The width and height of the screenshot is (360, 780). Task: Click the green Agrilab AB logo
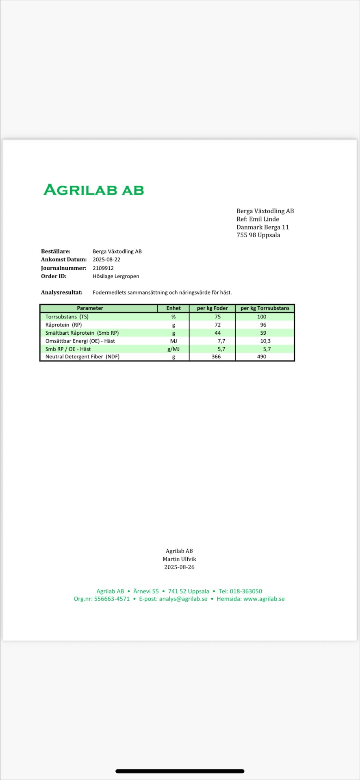click(94, 190)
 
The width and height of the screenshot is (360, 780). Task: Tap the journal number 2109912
click(103, 268)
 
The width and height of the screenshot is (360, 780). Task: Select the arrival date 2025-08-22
click(106, 260)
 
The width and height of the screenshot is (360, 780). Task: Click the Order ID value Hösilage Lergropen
click(116, 276)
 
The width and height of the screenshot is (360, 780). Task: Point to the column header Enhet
click(173, 308)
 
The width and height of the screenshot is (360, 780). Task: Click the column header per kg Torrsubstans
click(265, 308)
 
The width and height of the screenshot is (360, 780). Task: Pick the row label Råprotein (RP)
click(64, 325)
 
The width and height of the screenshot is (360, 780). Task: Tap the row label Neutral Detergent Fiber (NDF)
click(82, 357)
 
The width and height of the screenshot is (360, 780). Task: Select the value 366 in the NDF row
click(216, 357)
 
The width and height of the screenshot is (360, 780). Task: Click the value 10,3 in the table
click(265, 341)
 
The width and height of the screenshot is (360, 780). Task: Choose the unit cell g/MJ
click(173, 349)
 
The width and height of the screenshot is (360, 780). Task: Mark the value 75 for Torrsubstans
click(218, 317)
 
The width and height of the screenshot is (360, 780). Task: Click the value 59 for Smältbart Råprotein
click(263, 333)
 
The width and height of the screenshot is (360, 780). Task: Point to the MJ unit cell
click(173, 341)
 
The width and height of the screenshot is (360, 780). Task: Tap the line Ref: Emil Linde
click(258, 219)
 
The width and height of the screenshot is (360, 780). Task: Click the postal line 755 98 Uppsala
click(258, 235)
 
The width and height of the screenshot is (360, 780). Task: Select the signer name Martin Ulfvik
click(179, 559)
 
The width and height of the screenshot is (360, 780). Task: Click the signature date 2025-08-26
click(179, 567)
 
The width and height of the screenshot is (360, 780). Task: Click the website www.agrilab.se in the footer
click(264, 599)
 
